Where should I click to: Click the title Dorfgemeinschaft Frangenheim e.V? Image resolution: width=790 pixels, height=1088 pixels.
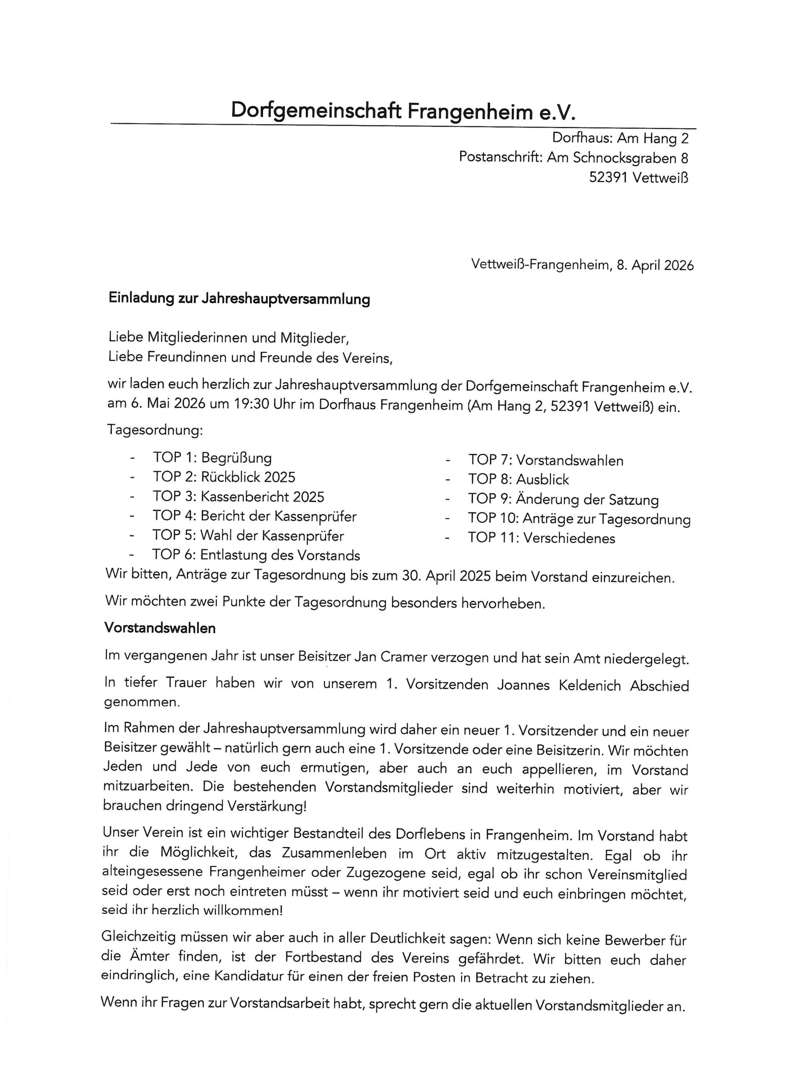pos(402,111)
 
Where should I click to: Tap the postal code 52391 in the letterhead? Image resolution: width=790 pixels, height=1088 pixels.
pos(608,178)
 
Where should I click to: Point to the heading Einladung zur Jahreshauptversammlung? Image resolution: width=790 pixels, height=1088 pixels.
pos(239,298)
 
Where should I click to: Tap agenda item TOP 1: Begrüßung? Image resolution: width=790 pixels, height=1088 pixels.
pos(212,458)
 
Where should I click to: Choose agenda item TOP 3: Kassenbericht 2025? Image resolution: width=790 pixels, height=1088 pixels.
pos(238,496)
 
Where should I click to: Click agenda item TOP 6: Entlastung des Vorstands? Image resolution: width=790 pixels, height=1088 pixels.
pos(256,555)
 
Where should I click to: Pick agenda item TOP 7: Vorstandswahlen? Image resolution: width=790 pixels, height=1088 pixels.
pos(546,461)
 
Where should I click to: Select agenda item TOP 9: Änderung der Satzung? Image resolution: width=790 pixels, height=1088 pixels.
pos(563,499)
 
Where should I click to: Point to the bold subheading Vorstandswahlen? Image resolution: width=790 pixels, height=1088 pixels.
pos(160,628)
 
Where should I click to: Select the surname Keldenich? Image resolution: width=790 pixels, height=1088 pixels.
pos(589,685)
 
